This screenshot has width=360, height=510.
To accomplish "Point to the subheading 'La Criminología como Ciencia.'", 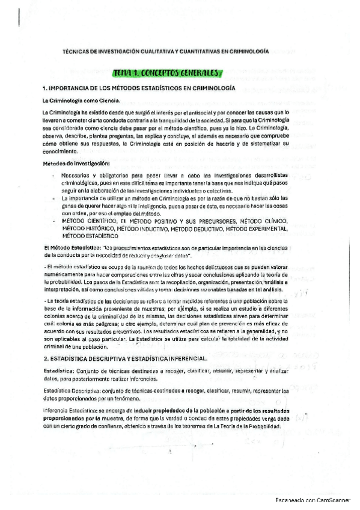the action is coord(81,100).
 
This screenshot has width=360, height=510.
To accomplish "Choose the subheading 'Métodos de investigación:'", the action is coord(76,164).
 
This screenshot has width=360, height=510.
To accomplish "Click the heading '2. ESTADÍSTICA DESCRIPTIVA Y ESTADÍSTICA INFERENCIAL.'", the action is coord(125,359).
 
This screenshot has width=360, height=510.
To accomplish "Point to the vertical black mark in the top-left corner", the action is coord(20,16).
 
